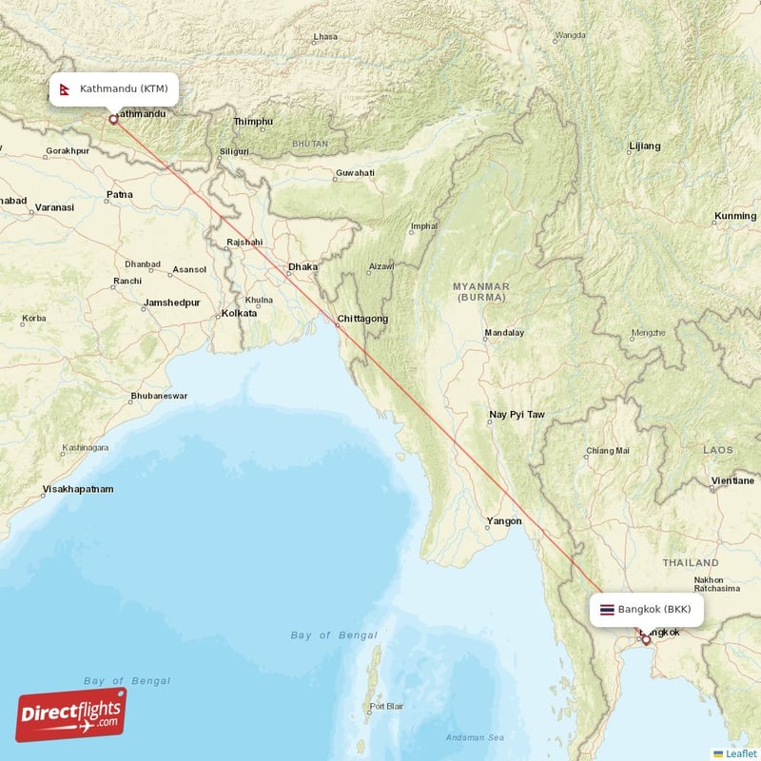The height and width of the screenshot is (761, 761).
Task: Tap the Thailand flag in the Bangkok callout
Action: click(607, 609)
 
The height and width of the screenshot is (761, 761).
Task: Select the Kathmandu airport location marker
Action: click(114, 120)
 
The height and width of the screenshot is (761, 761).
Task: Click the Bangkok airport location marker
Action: click(646, 640)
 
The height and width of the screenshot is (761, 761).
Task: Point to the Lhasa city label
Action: click(325, 37)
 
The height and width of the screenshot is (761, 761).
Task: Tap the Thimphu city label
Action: click(253, 122)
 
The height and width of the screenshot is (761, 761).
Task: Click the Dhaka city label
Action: click(302, 267)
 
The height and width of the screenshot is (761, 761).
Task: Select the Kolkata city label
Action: click(239, 313)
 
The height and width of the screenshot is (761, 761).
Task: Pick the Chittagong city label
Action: click(362, 320)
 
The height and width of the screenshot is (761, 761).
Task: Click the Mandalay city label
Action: click(504, 333)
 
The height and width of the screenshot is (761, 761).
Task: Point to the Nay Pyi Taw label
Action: click(517, 415)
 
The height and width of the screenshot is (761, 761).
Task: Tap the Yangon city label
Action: click(503, 521)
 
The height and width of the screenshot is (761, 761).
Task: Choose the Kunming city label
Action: click(735, 217)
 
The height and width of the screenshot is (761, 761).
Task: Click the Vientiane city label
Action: click(732, 481)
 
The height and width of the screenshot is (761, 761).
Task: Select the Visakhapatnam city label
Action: click(77, 489)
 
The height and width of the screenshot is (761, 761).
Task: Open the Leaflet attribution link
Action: click(740, 753)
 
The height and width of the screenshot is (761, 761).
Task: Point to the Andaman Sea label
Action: click(477, 737)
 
